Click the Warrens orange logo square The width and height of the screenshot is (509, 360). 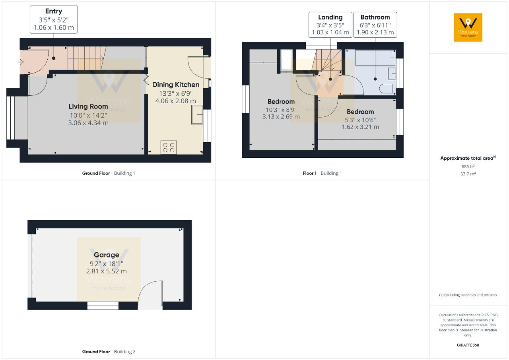[468, 27]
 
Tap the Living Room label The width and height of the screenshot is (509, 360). [88, 106]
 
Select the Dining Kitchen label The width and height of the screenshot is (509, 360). [176, 85]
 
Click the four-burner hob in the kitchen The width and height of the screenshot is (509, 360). [169, 147]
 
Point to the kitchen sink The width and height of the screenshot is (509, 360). [197, 114]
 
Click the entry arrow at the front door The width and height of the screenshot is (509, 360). [21, 62]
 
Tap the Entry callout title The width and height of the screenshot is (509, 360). [54, 11]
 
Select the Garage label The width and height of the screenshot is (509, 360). [106, 255]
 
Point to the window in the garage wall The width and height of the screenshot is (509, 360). [103, 306]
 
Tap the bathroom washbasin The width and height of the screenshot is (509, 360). [392, 74]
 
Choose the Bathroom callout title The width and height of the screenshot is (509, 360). [375, 17]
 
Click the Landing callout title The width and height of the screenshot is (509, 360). [330, 17]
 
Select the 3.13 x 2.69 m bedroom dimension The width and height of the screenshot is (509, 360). [281, 117]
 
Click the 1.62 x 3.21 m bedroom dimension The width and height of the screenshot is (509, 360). [360, 127]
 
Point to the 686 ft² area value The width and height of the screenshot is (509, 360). [468, 166]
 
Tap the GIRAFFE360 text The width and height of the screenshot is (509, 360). [468, 345]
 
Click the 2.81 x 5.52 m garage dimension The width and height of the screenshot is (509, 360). [106, 271]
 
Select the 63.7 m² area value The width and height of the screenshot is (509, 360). [468, 174]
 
